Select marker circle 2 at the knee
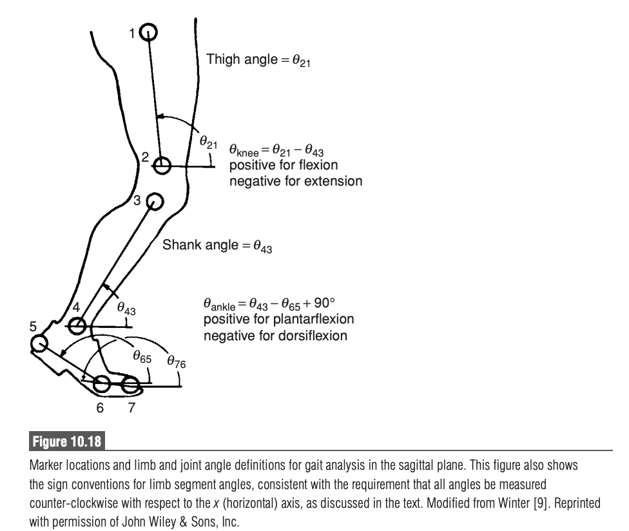(x=162, y=166)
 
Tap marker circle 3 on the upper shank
(x=155, y=202)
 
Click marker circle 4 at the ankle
(x=77, y=326)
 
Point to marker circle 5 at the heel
(x=39, y=343)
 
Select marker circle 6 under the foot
(x=102, y=385)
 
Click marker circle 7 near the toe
(x=131, y=386)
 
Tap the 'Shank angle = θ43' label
(x=217, y=246)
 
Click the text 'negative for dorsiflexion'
(x=276, y=336)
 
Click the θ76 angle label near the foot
(x=176, y=363)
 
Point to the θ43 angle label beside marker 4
(x=126, y=310)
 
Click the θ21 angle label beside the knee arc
(x=208, y=140)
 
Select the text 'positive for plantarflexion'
(x=278, y=320)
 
